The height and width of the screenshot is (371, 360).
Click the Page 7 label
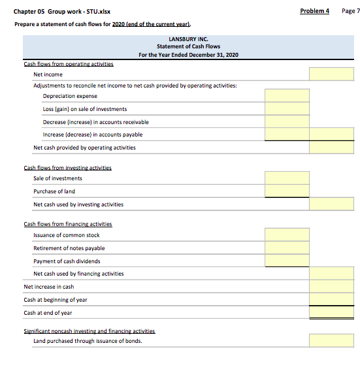point(350,11)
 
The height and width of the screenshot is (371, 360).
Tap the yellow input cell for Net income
point(331,74)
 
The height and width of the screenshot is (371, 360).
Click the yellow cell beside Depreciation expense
point(286,97)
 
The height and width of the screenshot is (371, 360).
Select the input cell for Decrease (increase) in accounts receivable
point(286,122)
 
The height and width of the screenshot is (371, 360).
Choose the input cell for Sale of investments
point(286,178)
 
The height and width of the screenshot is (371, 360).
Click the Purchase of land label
point(54,191)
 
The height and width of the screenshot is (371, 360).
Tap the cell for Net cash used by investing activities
point(331,204)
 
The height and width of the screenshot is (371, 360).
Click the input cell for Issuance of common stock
point(286,235)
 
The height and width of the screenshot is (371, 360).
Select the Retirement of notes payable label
point(69,248)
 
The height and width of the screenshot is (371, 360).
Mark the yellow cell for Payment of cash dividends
point(286,261)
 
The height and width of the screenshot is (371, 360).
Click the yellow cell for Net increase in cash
point(331,287)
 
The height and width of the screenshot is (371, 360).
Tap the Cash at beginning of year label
point(56,300)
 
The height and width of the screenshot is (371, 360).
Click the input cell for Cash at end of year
point(331,313)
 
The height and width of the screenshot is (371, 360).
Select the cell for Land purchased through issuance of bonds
point(331,341)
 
